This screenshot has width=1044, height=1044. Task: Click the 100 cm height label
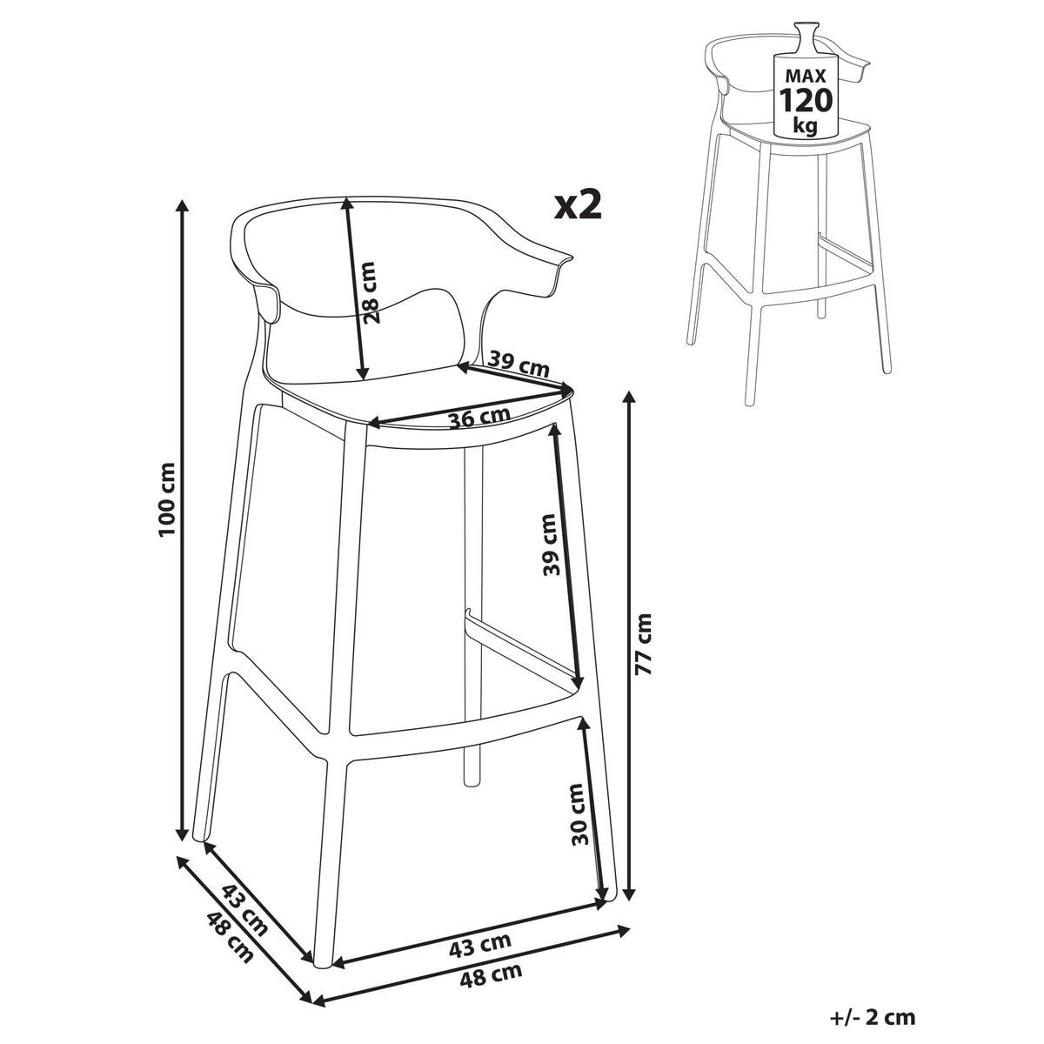coord(167,499)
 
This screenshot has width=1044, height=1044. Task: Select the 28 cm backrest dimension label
coord(371,292)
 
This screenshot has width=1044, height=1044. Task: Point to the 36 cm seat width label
coord(480,418)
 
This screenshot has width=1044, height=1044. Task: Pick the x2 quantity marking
coord(578,205)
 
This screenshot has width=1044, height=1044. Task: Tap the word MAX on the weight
coord(806,75)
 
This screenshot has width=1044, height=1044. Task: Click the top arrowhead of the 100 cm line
coord(183,207)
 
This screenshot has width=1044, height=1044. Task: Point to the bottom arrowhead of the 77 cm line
coord(628,893)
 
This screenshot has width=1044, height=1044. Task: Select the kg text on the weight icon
coord(805,125)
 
